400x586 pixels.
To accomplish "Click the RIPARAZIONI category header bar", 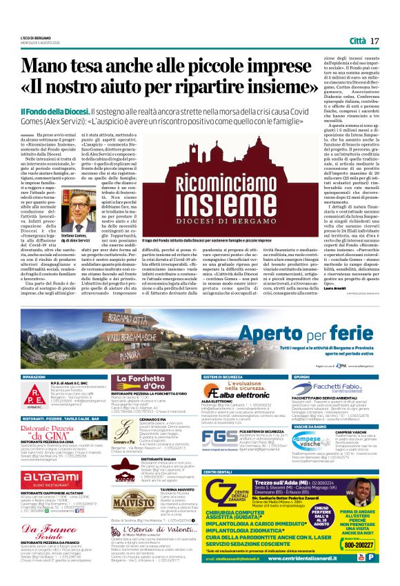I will [34, 378].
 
